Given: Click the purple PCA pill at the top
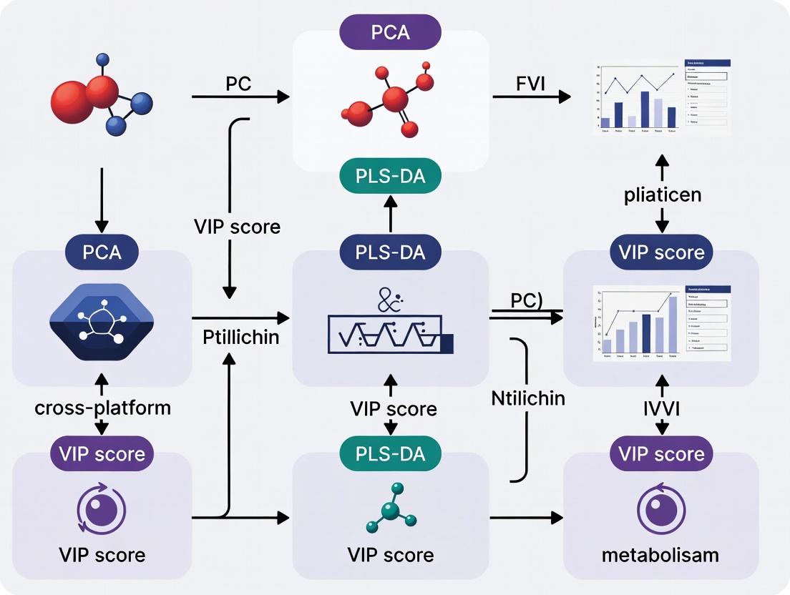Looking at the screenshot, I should click(390, 33).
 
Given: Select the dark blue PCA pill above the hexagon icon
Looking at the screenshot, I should click(102, 251).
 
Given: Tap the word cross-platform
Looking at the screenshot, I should click(102, 408).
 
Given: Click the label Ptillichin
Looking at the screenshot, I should click(241, 337).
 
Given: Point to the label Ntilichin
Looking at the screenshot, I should click(528, 398).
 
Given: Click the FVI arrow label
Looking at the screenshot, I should click(530, 84).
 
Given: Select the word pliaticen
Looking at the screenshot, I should click(661, 194).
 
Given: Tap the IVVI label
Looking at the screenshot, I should click(662, 408).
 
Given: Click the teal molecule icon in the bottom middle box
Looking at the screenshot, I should click(391, 508).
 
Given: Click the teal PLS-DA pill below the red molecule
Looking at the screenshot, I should click(390, 176).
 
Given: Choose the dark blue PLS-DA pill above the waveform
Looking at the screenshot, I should click(390, 251).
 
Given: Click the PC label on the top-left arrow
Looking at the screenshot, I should click(238, 83).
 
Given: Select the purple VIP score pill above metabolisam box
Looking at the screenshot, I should click(661, 453).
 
